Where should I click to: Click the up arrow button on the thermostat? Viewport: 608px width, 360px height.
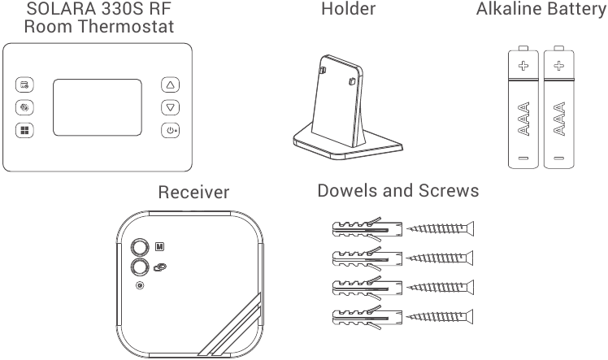170,85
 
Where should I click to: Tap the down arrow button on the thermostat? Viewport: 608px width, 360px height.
170,107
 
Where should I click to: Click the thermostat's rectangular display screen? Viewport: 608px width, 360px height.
97,107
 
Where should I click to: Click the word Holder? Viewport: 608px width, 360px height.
348,10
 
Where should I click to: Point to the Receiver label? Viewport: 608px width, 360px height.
193,193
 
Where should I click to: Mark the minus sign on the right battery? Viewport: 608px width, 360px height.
558,156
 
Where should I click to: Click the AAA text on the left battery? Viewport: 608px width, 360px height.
523,119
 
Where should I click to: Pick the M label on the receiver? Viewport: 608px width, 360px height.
159,245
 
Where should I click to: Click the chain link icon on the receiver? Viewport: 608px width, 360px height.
159,267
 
